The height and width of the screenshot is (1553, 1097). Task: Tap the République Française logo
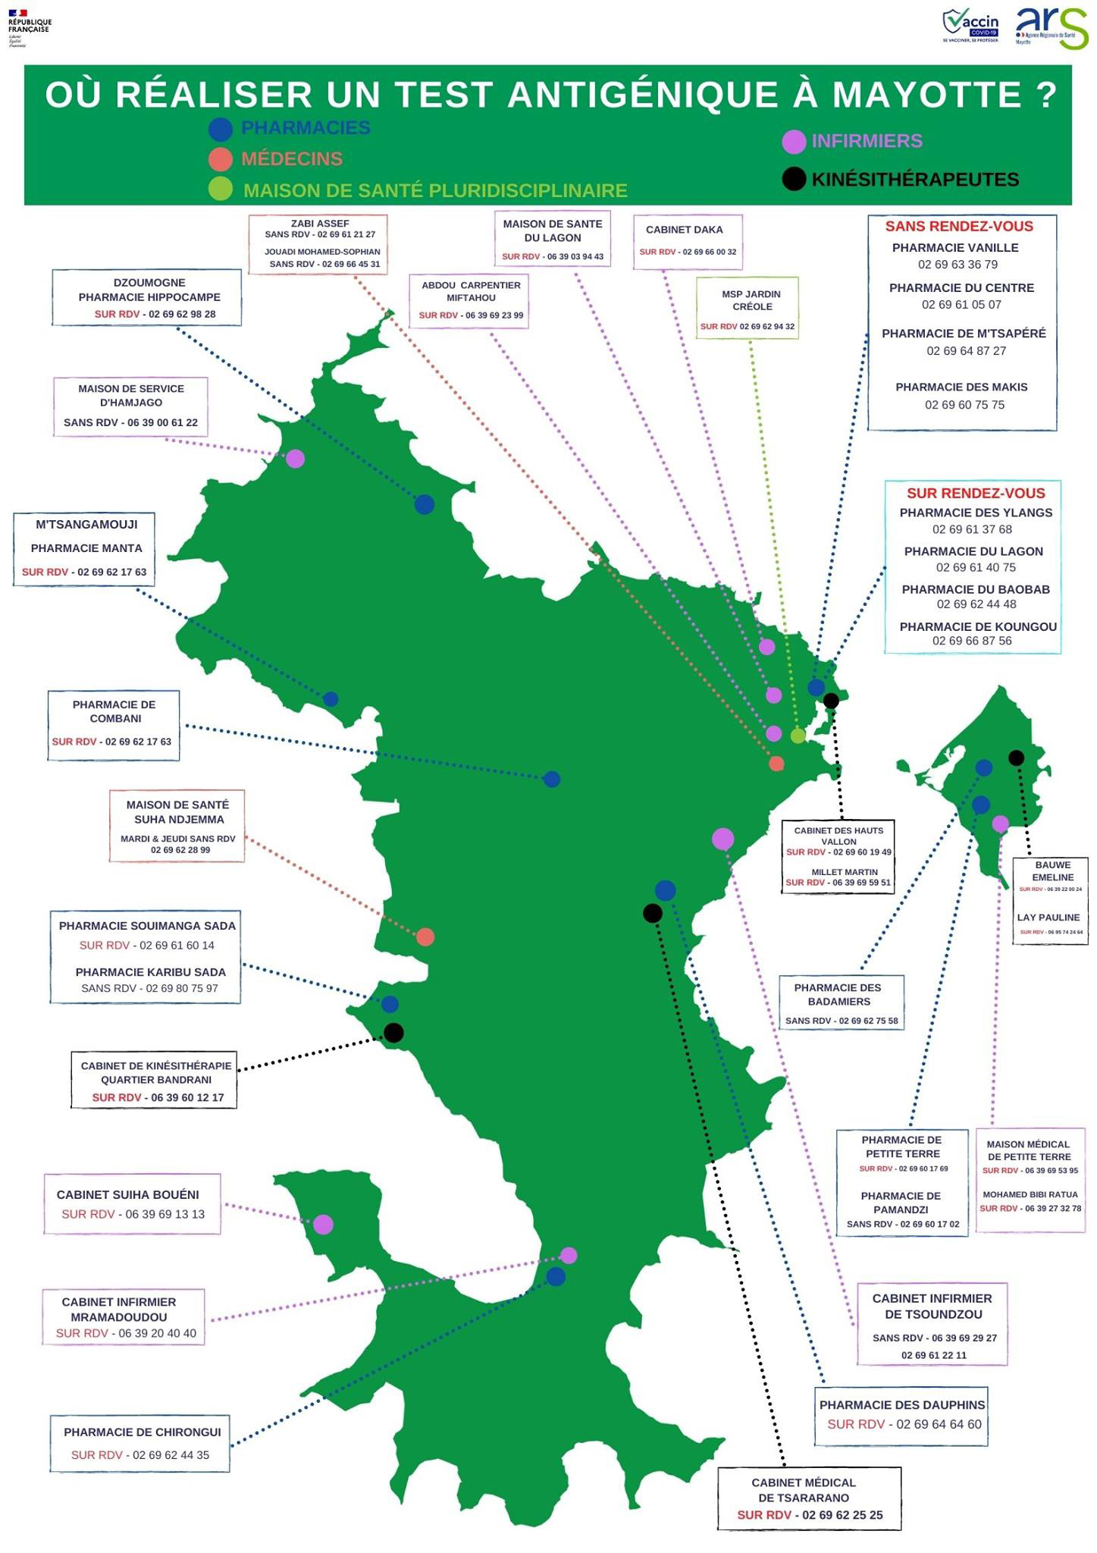coord(28,27)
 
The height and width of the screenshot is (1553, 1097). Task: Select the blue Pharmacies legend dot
coord(220,129)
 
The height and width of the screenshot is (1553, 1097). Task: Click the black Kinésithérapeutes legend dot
coord(793,179)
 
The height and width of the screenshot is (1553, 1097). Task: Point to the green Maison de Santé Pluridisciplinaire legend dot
coord(220,189)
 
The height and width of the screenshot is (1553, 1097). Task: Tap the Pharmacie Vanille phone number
coord(958,265)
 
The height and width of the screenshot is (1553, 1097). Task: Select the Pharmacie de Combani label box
coord(114,725)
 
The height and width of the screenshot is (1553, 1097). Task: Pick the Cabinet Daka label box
coord(688,241)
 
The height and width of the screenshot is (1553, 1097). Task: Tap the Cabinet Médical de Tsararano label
coord(810,1499)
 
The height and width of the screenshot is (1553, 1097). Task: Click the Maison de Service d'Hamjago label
coord(130,406)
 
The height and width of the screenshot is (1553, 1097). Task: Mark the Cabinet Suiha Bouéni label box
coord(133,1204)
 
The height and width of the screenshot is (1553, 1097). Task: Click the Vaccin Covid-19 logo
coord(970,27)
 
